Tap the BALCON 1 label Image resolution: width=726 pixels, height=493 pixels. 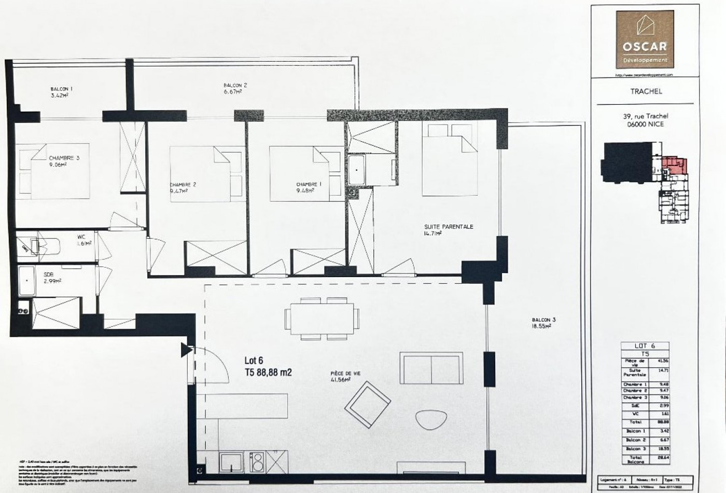tap(61, 89)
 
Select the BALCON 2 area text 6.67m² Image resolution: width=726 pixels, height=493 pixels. tap(233, 92)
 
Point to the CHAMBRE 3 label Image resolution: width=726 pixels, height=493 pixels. tap(64, 158)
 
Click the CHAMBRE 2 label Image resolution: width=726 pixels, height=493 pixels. tap(183, 184)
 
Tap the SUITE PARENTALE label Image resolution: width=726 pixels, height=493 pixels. tap(449, 227)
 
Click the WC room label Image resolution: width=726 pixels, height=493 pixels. tap(81, 237)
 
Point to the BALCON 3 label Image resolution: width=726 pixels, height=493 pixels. tap(543, 320)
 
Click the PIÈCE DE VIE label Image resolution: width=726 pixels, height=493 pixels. tap(345, 373)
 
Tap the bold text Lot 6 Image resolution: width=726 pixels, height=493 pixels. tap(254, 360)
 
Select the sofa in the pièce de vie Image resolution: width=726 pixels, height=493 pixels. tap(431, 367)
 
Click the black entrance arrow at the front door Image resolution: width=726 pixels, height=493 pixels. tap(186, 351)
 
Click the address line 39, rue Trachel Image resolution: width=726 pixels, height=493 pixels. tap(646, 116)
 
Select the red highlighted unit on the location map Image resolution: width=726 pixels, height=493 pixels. tap(675, 165)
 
